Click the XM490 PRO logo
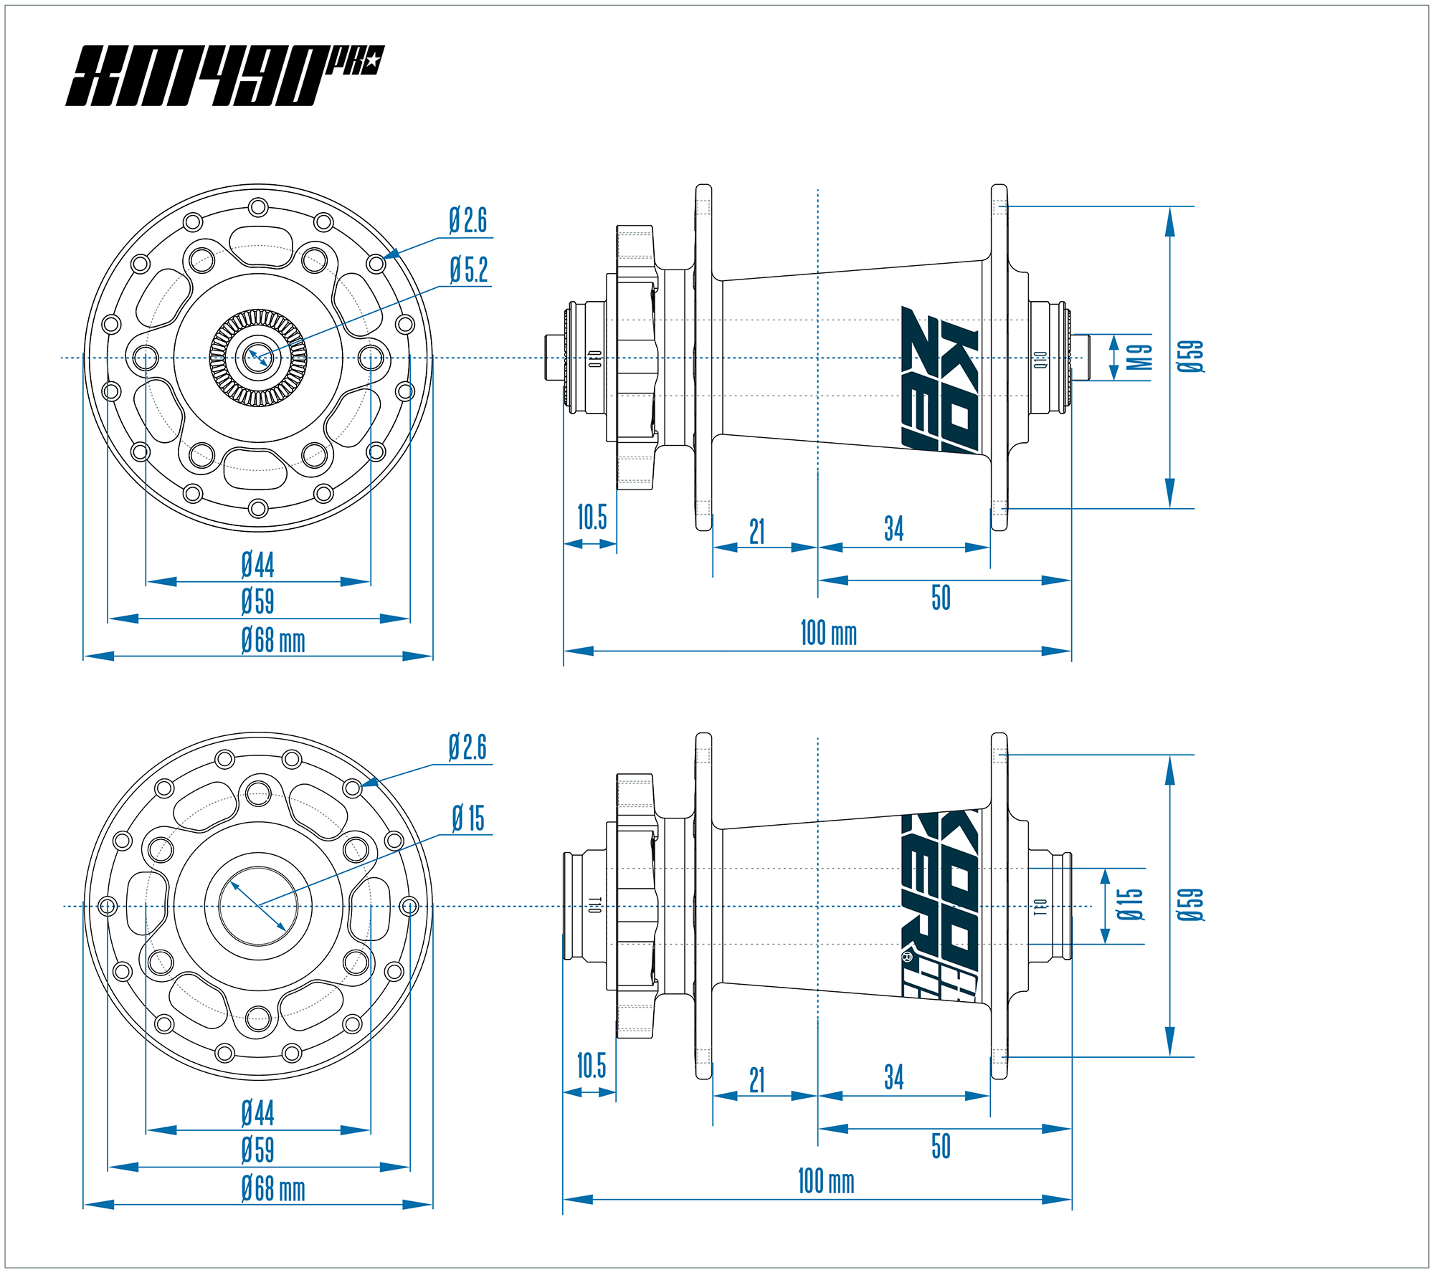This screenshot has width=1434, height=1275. pyautogui.click(x=224, y=76)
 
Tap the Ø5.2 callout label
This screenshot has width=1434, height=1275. pyautogui.click(x=469, y=270)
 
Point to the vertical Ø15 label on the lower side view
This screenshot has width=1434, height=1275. pyautogui.click(x=1129, y=904)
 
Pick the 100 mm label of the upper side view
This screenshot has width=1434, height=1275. pyautogui.click(x=828, y=634)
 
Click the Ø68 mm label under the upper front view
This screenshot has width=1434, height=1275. pyautogui.click(x=273, y=640)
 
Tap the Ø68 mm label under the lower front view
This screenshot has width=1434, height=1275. pyautogui.click(x=273, y=1189)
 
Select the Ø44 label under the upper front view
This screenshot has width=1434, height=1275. pyautogui.click(x=258, y=565)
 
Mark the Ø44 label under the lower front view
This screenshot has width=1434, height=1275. pyautogui.click(x=258, y=1113)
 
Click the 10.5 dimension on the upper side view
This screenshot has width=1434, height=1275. pyautogui.click(x=592, y=517)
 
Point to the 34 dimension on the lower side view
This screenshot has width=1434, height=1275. pyautogui.click(x=893, y=1077)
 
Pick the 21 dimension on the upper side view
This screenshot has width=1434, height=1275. pyautogui.click(x=757, y=532)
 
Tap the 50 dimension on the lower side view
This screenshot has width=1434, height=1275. pyautogui.click(x=941, y=1146)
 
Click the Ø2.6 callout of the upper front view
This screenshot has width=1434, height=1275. pyautogui.click(x=468, y=221)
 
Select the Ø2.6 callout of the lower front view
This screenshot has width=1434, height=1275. pyautogui.click(x=468, y=748)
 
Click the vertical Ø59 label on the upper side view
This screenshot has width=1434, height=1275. pyautogui.click(x=1190, y=356)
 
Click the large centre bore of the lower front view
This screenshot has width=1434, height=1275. pyautogui.click(x=258, y=906)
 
